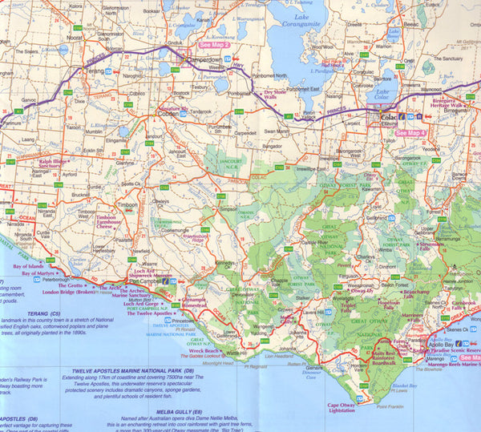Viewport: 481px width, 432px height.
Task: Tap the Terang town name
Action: click(x=94, y=71)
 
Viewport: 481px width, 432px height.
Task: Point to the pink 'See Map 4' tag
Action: click(x=410, y=133)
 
